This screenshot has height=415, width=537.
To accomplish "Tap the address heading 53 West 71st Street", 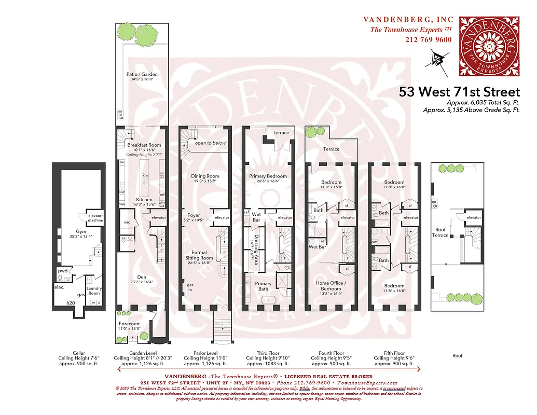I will [x=459, y=92].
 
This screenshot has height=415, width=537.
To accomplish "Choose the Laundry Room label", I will [x=94, y=290].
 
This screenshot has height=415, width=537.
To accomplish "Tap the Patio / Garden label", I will [x=142, y=74].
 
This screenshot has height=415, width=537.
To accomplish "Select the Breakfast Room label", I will [x=144, y=145].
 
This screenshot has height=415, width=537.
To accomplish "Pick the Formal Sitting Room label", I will [x=199, y=255].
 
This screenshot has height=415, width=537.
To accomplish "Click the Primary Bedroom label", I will [x=268, y=176].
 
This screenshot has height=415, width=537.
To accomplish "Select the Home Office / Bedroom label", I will [x=331, y=285].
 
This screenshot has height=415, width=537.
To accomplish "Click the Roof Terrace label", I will [x=440, y=232].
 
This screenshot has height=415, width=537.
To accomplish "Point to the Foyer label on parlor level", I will [x=194, y=215].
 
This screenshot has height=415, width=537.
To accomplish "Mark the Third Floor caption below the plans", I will [x=268, y=353].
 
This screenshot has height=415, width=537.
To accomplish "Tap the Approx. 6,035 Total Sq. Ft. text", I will [x=483, y=103].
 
